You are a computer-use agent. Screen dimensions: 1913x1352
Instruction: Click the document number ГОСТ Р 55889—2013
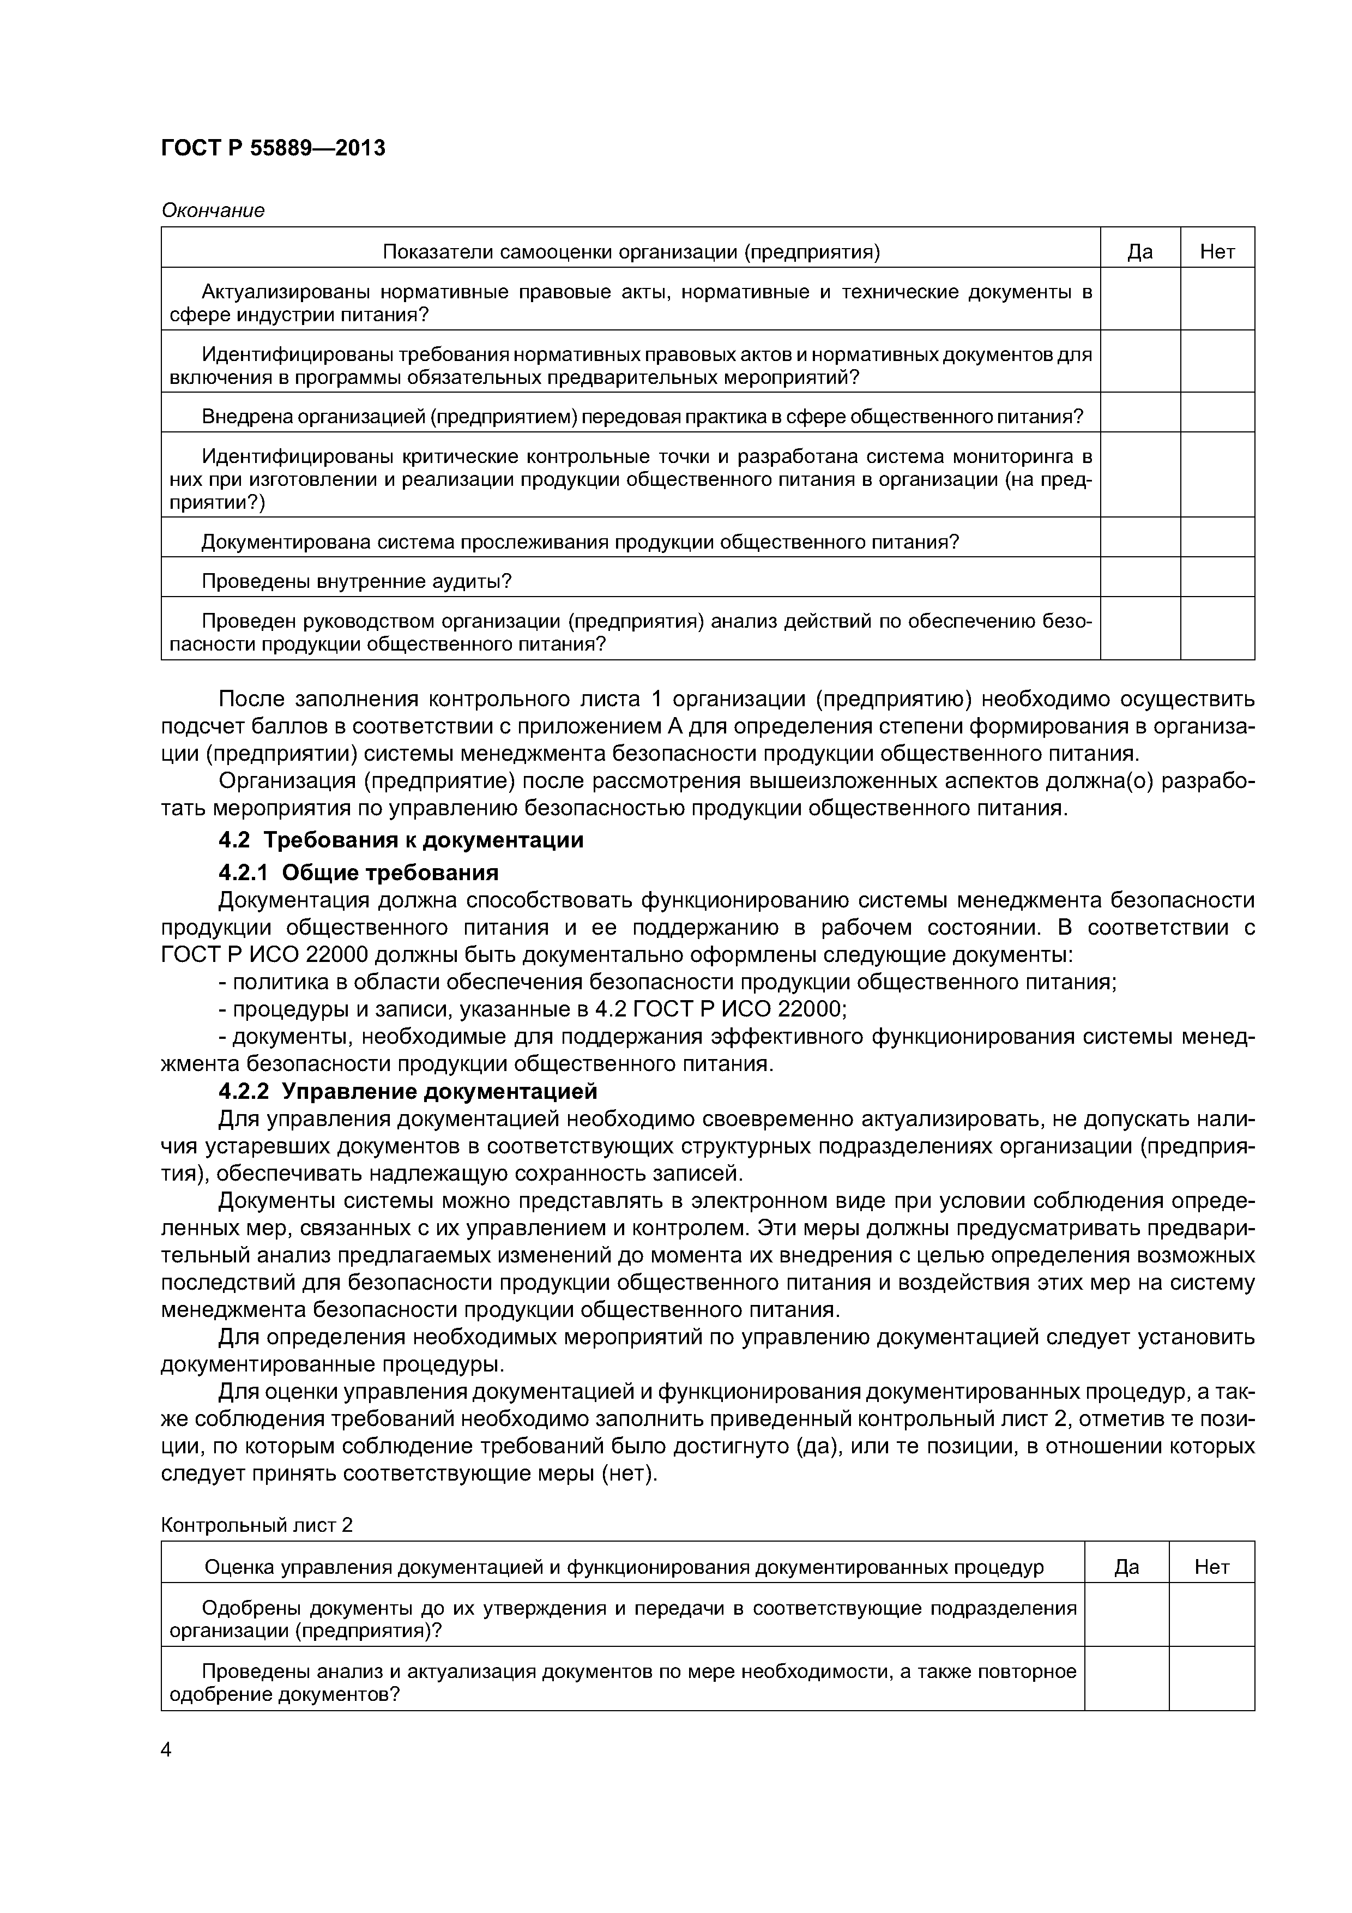click(x=273, y=148)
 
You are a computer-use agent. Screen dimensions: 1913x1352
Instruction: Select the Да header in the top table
click(x=1139, y=251)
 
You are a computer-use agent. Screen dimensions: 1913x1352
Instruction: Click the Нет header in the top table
click(x=1217, y=251)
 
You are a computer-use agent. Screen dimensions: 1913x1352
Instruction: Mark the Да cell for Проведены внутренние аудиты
click(x=1139, y=576)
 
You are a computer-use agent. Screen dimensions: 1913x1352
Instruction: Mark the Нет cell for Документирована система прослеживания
click(x=1217, y=537)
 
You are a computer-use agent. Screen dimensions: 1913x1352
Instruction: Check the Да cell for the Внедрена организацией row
click(x=1139, y=412)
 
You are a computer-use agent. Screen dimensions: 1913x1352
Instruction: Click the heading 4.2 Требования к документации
click(x=401, y=840)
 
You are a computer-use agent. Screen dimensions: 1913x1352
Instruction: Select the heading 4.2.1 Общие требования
click(x=358, y=873)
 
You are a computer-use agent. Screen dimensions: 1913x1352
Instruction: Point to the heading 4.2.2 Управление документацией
click(x=408, y=1091)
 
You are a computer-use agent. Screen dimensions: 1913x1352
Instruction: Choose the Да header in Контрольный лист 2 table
click(x=1126, y=1567)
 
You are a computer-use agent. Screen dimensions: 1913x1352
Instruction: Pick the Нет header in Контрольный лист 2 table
click(x=1211, y=1567)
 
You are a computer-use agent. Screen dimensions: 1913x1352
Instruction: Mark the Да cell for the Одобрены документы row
click(x=1126, y=1619)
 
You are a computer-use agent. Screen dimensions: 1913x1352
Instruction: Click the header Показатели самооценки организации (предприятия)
click(x=631, y=251)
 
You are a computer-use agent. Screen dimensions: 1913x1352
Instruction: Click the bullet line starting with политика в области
click(x=666, y=982)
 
